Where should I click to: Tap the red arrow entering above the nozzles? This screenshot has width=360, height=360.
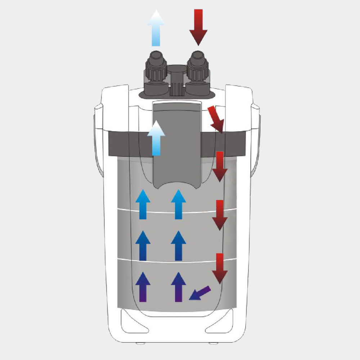[198, 27]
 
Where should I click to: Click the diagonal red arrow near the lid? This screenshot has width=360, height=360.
[216, 119]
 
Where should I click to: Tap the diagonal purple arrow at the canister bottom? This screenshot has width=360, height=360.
[199, 293]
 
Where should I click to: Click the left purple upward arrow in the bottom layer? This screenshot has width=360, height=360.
[143, 287]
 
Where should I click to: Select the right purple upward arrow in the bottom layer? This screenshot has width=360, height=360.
[178, 287]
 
